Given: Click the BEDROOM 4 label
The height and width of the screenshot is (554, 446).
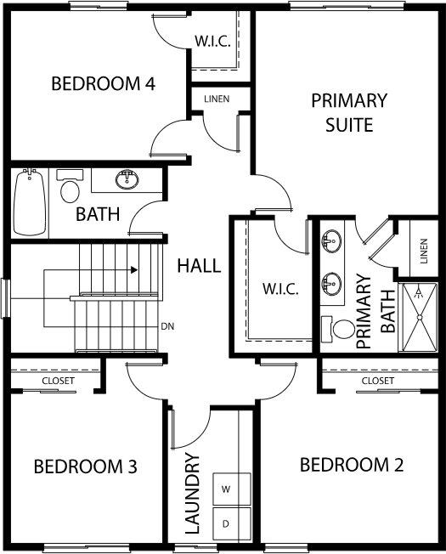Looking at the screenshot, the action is pyautogui.click(x=103, y=84).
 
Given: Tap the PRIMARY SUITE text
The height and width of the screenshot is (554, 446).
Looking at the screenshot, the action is pyautogui.click(x=349, y=113).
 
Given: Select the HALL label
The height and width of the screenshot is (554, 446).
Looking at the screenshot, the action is pyautogui.click(x=199, y=266).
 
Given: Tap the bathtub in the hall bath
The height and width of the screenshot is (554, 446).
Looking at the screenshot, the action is pyautogui.click(x=30, y=202).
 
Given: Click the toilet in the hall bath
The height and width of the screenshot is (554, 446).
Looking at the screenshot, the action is pyautogui.click(x=70, y=186).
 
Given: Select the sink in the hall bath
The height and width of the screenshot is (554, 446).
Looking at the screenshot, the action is pyautogui.click(x=127, y=179).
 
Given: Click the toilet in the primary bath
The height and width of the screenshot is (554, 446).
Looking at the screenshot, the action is pyautogui.click(x=339, y=329).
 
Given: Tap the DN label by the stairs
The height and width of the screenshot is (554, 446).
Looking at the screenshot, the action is pyautogui.click(x=167, y=326).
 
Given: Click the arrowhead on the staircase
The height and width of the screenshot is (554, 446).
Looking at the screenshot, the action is pyautogui.click(x=134, y=270).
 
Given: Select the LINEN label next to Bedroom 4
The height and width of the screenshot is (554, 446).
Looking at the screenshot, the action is pyautogui.click(x=217, y=99).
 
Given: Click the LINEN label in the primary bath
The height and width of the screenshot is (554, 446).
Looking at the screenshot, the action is pyautogui.click(x=424, y=252).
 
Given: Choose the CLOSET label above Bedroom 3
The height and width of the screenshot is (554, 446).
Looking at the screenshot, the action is pyautogui.click(x=59, y=381).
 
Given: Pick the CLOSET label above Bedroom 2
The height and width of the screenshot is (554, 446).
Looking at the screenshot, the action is pyautogui.click(x=378, y=381).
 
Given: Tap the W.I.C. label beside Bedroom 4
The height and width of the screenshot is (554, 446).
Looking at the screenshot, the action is pyautogui.click(x=212, y=42).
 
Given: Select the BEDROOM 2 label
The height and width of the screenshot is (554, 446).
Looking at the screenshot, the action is pyautogui.click(x=352, y=465).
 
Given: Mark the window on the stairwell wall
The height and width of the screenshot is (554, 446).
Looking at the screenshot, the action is pyautogui.click(x=5, y=298).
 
